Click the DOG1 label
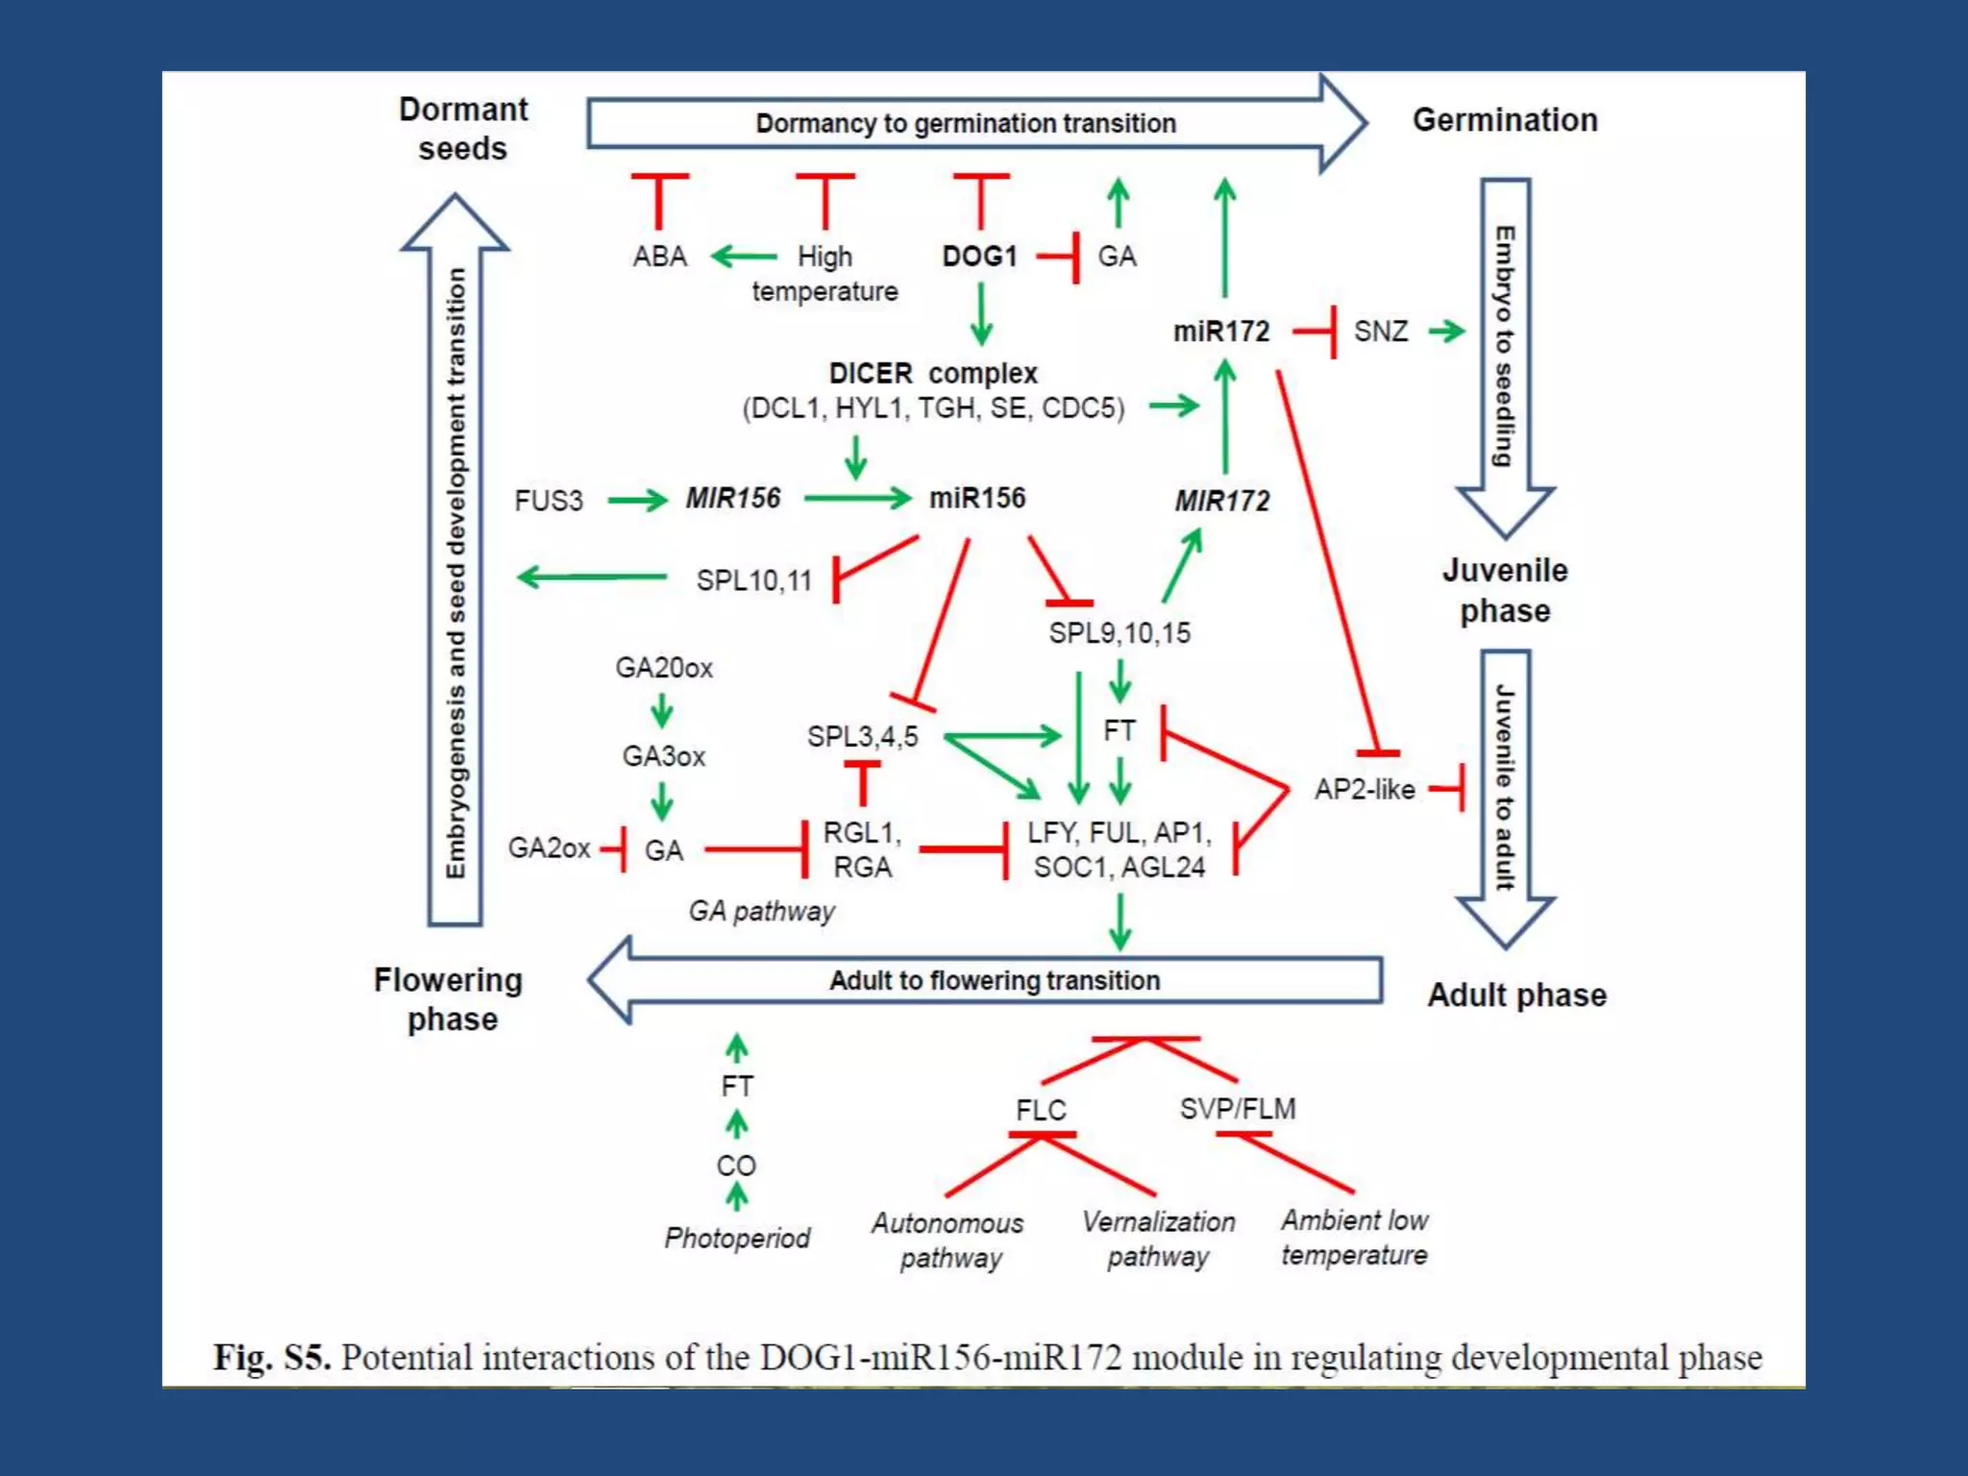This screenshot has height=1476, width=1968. pos(979,257)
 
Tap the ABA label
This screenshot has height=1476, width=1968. pos(659,257)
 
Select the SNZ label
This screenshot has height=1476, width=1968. pos(1380,332)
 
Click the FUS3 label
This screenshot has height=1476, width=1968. pos(548,501)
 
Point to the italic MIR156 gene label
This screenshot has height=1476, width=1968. pos(732,499)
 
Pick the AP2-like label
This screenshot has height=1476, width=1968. pos(1365,790)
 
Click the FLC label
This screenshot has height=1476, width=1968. pos(1041,1111)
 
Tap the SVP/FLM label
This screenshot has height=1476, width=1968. pos(1238,1109)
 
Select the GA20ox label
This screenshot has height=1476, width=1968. pos(664,668)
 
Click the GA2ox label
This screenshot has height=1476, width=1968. pos(549,848)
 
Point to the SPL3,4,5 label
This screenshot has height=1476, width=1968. pos(862,737)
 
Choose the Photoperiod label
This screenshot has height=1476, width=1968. pos(737,1238)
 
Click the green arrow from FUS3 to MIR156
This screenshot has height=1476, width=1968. pos(637,500)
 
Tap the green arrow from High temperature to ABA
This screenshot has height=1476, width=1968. pos(744,257)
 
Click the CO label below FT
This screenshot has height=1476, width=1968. pos(736,1166)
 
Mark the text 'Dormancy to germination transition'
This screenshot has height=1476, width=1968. pos(965,124)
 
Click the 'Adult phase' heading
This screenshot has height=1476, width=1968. pos(1516,996)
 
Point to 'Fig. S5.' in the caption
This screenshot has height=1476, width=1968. pos(272,1357)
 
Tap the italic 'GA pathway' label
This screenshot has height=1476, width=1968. pos(761,911)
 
